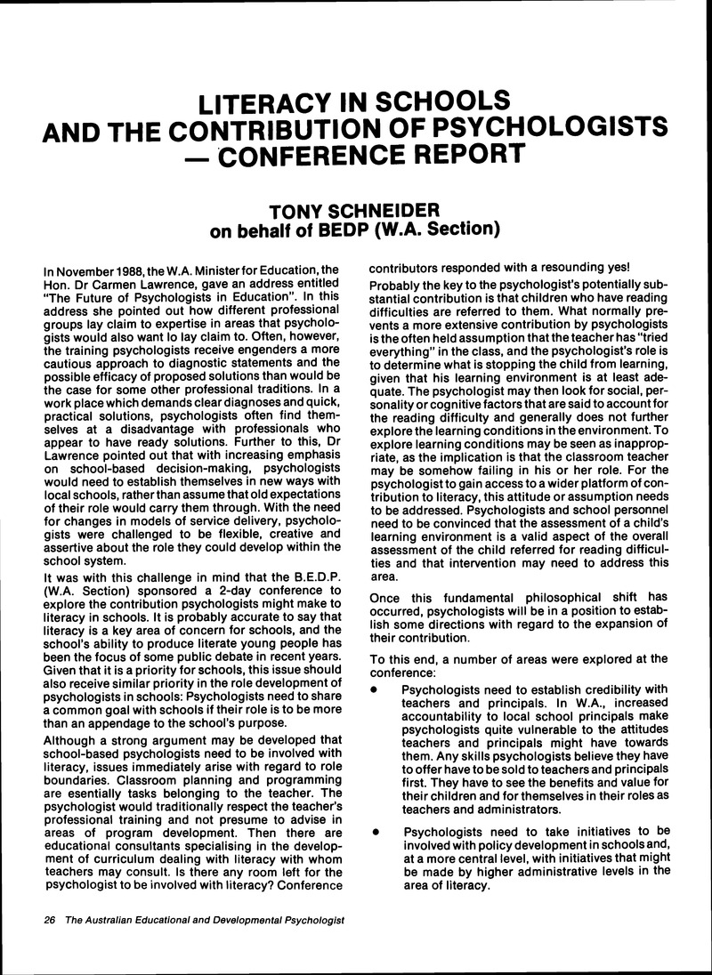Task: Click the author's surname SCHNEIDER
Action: point(384,212)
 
